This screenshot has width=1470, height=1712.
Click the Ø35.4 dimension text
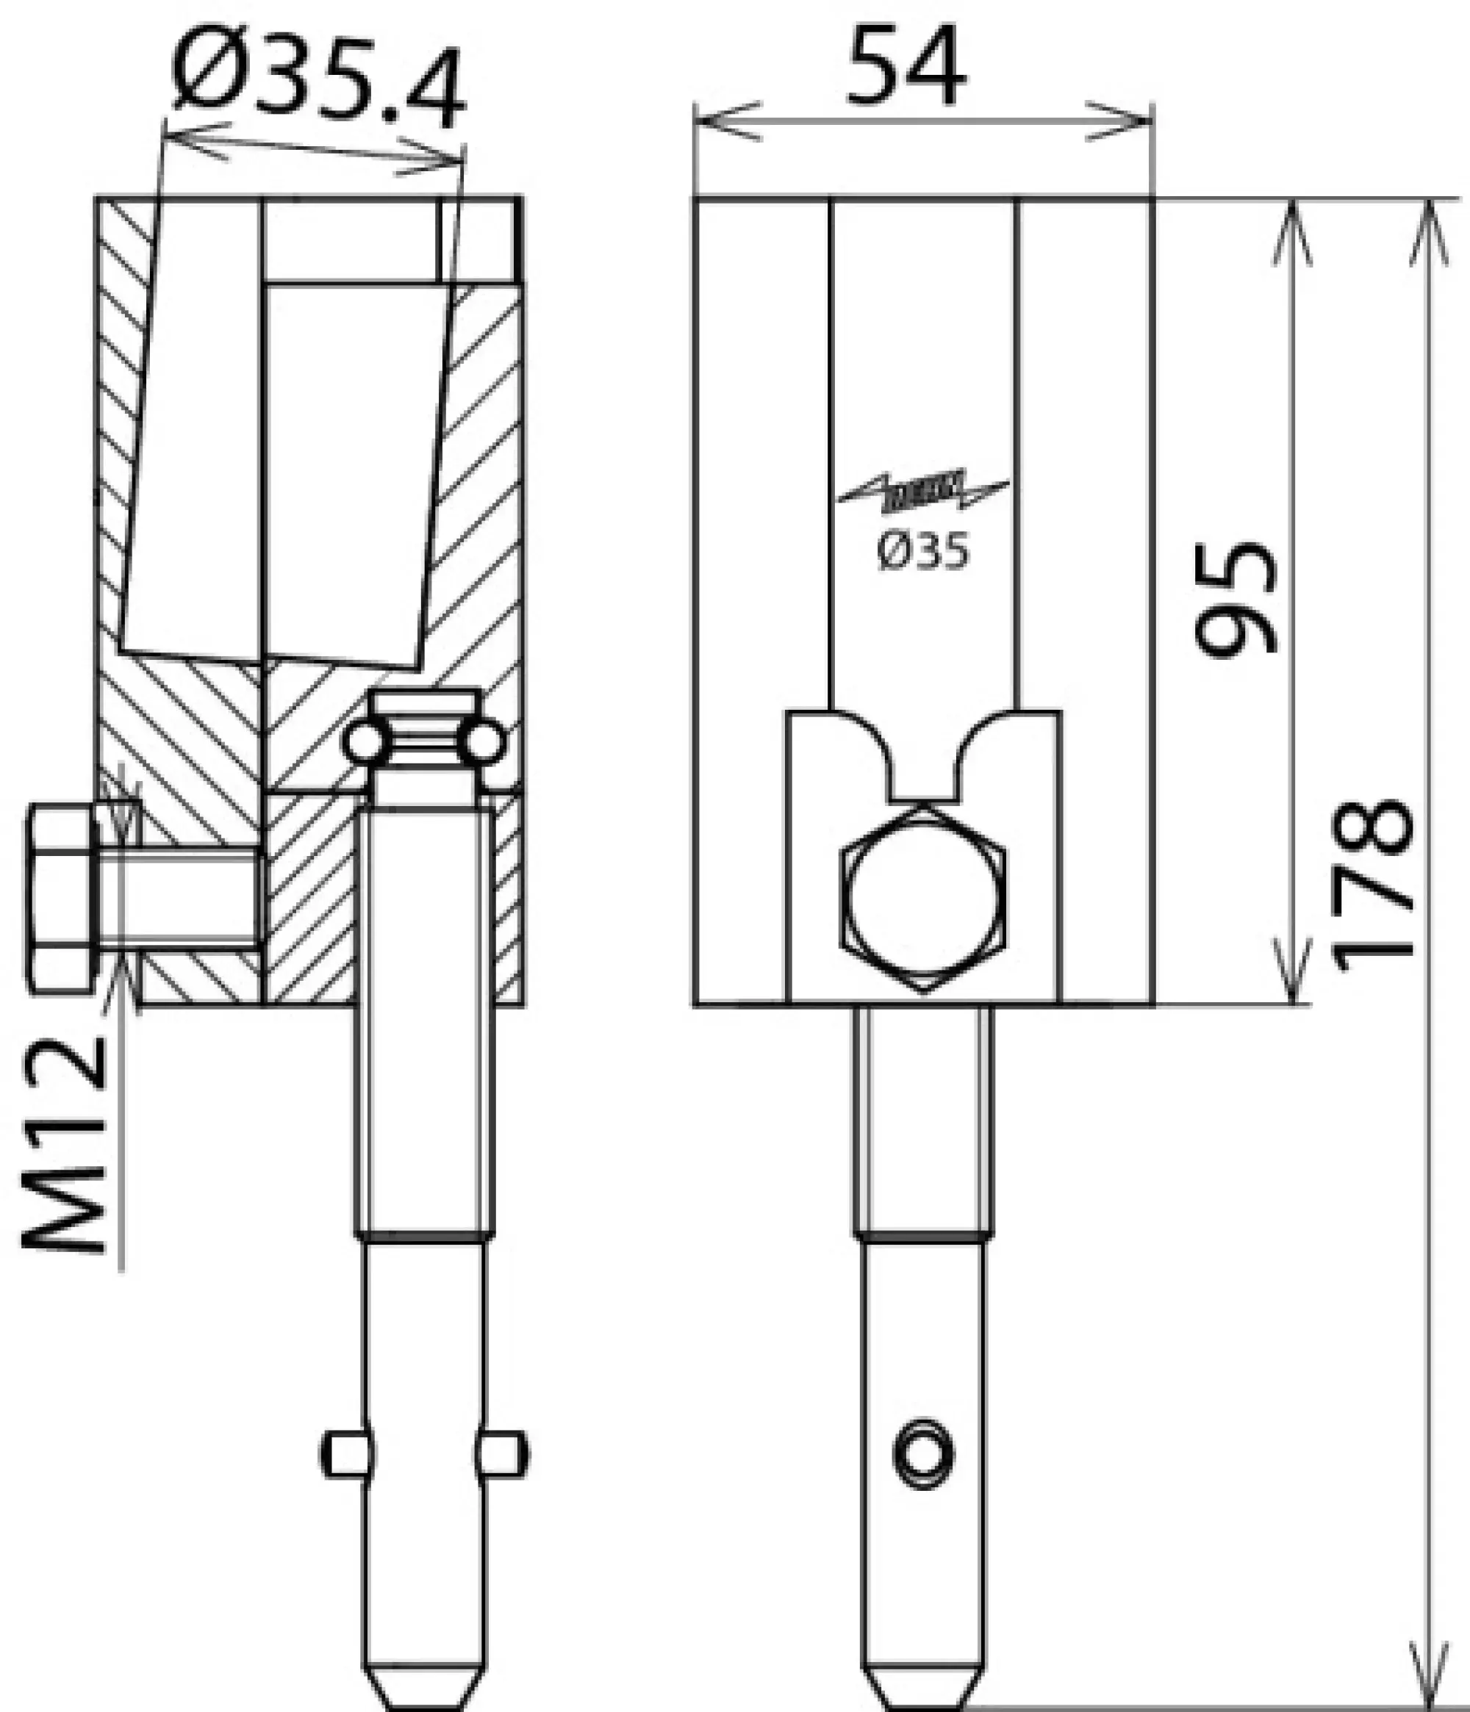pos(318,79)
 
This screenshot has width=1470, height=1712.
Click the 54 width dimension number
pos(906,66)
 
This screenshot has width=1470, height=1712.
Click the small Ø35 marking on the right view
pos(922,551)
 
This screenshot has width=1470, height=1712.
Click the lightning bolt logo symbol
pos(922,491)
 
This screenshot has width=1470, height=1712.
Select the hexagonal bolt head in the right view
pos(924,901)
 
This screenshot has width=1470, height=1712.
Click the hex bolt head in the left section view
pos(62,901)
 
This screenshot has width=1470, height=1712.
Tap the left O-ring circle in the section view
pos(364,742)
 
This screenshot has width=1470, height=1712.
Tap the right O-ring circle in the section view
pos(483,742)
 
